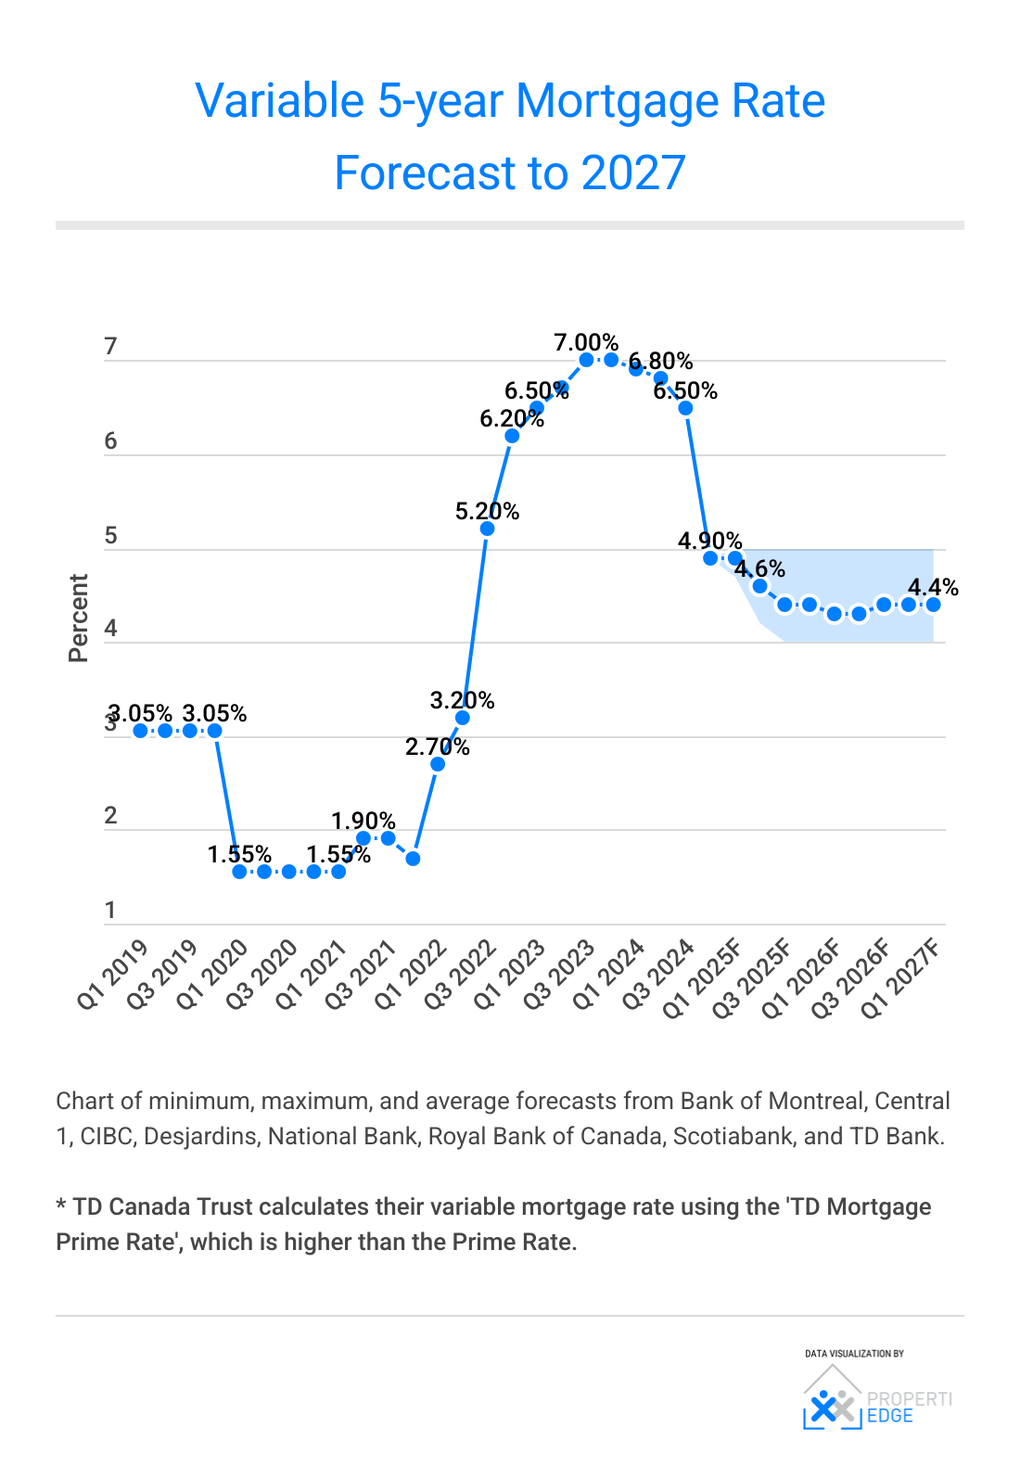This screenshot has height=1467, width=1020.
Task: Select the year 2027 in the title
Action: tap(633, 173)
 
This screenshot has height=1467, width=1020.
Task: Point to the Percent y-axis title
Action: tap(78, 618)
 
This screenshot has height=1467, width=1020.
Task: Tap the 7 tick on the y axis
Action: tap(110, 347)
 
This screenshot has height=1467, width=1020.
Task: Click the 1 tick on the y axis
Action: tap(110, 910)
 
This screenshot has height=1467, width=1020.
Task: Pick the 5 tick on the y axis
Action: tap(110, 536)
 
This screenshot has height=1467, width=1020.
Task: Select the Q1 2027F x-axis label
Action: tap(900, 978)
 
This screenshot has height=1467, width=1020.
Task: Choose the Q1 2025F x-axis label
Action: tap(702, 978)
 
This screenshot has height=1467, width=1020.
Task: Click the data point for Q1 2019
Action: tap(140, 731)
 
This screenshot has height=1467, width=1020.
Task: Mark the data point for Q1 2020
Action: tap(239, 872)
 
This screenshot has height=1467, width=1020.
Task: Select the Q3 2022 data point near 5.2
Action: tap(487, 529)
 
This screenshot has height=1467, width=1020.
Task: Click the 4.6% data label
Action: tap(759, 568)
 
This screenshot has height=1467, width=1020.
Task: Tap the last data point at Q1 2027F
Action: tap(933, 605)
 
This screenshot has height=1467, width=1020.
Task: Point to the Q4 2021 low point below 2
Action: tap(413, 859)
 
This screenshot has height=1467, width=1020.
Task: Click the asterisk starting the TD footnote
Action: tap(61, 1206)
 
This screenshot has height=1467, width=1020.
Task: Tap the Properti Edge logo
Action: tap(876, 1398)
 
